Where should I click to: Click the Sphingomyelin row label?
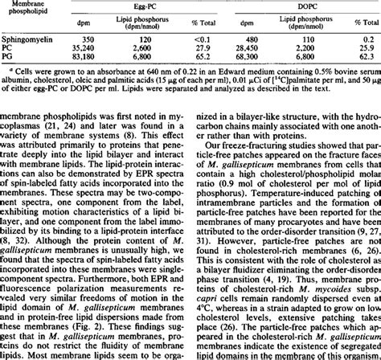[27, 38]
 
